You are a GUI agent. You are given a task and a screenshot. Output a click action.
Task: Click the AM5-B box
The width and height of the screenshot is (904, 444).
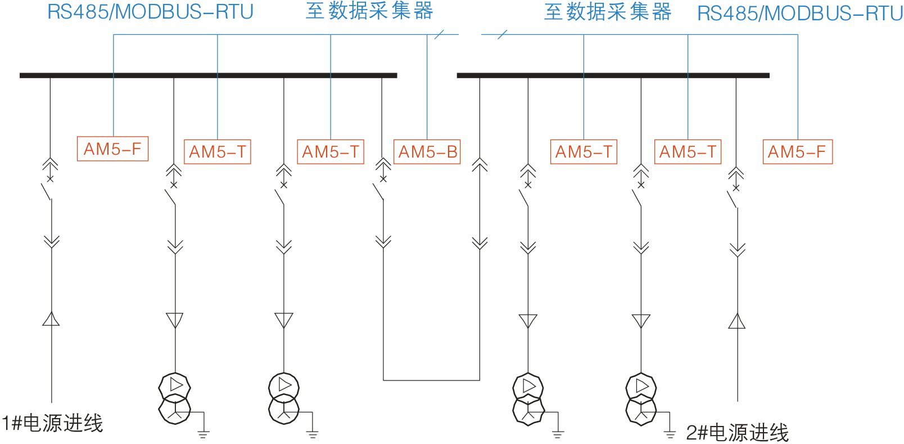click(x=427, y=152)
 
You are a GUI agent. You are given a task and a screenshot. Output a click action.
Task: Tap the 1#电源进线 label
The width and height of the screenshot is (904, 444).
click(x=52, y=423)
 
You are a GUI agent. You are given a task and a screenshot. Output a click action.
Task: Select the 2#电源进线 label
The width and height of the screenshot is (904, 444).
click(x=737, y=432)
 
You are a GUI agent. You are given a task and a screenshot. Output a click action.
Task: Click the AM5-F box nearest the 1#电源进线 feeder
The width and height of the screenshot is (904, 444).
click(x=112, y=149)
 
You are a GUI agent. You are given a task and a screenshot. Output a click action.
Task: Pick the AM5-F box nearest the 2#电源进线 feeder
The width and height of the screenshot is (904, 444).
click(x=797, y=152)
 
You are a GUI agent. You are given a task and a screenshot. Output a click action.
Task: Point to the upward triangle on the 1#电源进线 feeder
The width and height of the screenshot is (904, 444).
click(x=51, y=320)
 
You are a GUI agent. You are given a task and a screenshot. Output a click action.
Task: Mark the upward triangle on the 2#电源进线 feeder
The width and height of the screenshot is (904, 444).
click(x=736, y=321)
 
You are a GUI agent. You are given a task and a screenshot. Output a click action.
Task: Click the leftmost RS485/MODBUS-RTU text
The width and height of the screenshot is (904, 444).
click(x=150, y=12)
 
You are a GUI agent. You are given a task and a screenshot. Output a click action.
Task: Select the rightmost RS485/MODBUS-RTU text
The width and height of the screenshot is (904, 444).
click(x=800, y=13)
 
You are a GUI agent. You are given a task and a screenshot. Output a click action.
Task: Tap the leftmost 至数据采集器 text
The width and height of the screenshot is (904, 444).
click(x=369, y=11)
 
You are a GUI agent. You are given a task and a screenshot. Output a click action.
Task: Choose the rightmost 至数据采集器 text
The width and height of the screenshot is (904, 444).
click(x=608, y=12)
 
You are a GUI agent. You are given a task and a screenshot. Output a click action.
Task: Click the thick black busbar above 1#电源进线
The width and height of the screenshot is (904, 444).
click(x=208, y=75)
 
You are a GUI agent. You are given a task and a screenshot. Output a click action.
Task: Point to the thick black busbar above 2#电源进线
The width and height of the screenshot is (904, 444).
click(x=613, y=75)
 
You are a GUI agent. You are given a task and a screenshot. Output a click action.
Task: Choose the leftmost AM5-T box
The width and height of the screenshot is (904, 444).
click(x=218, y=152)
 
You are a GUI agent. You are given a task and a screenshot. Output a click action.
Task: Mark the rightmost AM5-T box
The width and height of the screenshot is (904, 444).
click(x=688, y=152)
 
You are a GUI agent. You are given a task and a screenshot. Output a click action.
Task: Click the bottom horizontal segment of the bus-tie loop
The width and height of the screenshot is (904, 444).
click(x=431, y=380)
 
